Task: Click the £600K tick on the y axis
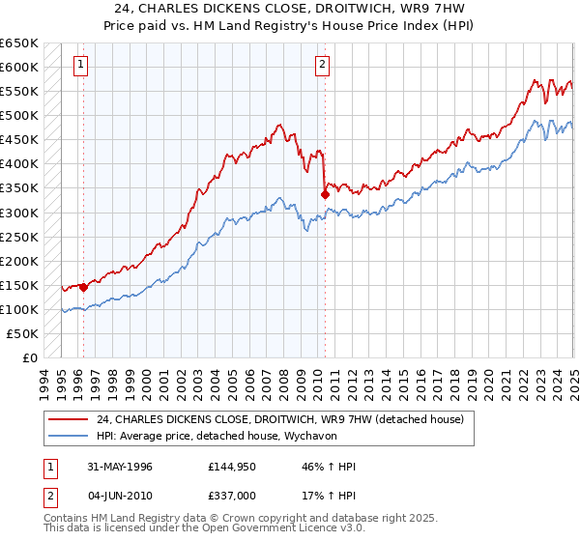(x=19, y=67)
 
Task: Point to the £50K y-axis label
(x=23, y=333)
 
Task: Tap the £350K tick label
(x=19, y=188)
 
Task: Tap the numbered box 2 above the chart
(x=321, y=66)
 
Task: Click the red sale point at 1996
(x=84, y=286)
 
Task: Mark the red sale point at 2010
(x=325, y=194)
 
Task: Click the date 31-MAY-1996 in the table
(x=120, y=467)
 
